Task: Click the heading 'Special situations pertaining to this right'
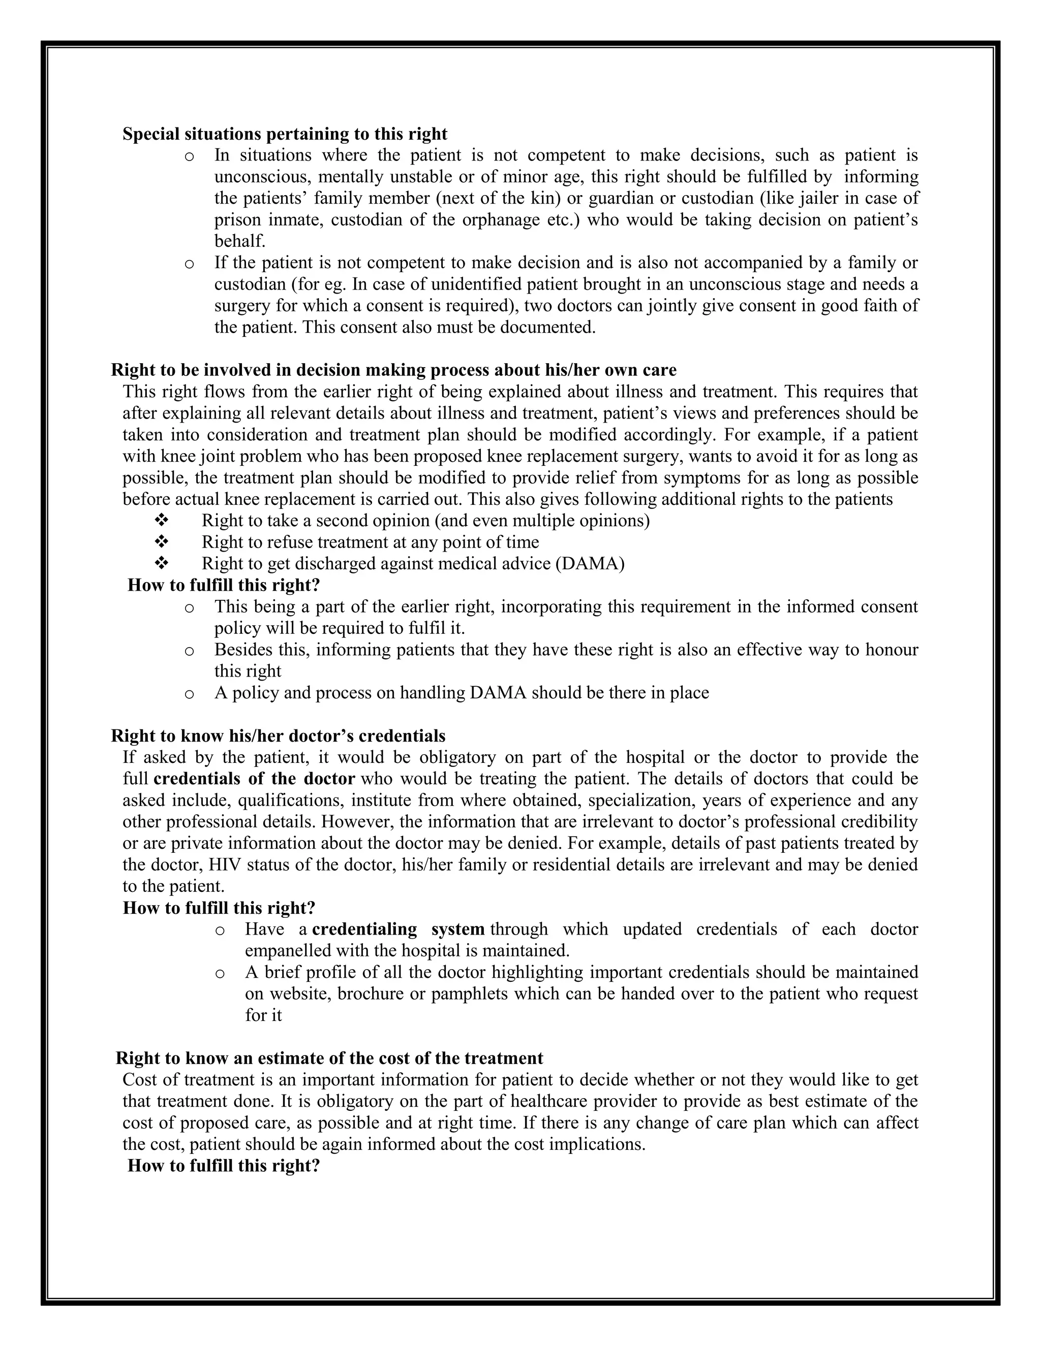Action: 285,134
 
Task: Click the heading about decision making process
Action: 393,370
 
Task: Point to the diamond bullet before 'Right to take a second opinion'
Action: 162,521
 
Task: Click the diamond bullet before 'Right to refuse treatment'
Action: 162,542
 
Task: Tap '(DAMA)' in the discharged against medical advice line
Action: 590,564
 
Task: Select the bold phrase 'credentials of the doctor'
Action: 254,778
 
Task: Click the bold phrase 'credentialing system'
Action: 399,929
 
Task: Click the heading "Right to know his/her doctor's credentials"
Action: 278,736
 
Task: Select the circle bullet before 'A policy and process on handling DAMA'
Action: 189,694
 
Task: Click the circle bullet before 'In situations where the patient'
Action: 189,156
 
